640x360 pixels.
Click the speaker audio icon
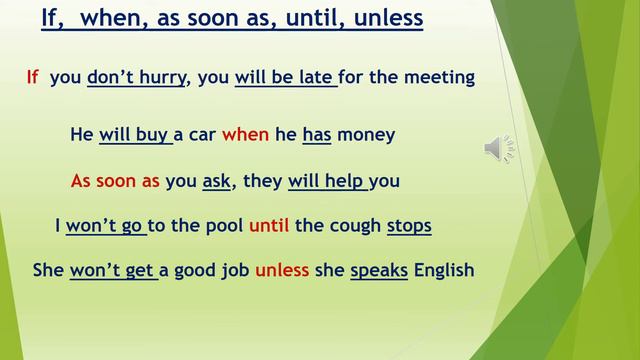(x=499, y=148)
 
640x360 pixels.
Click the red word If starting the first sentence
(x=33, y=77)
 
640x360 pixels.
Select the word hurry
(x=162, y=77)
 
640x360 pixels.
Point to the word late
(x=314, y=77)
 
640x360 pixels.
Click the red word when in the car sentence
(x=245, y=134)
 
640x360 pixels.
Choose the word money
(x=366, y=134)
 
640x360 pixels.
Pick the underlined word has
(x=316, y=134)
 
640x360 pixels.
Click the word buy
(x=152, y=134)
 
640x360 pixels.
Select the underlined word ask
(x=216, y=181)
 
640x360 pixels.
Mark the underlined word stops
(x=409, y=226)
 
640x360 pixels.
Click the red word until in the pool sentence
(x=268, y=226)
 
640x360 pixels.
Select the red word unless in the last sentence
(x=282, y=270)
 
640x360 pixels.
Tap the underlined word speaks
(x=379, y=270)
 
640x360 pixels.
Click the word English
(x=444, y=270)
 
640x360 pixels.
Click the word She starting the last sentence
(x=48, y=270)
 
